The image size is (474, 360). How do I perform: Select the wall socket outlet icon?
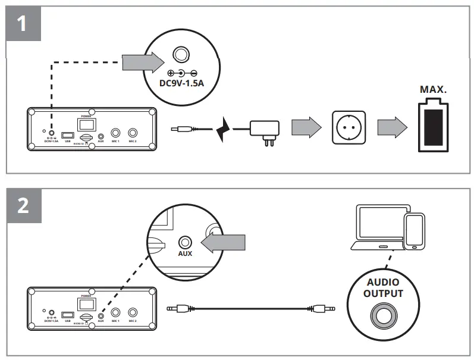(349, 127)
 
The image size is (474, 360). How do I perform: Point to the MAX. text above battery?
(433, 90)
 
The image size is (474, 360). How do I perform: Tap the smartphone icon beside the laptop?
(414, 231)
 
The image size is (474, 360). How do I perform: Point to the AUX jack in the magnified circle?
(186, 242)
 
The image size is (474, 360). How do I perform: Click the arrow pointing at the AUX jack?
(224, 242)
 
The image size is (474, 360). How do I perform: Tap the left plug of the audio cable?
(177, 309)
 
